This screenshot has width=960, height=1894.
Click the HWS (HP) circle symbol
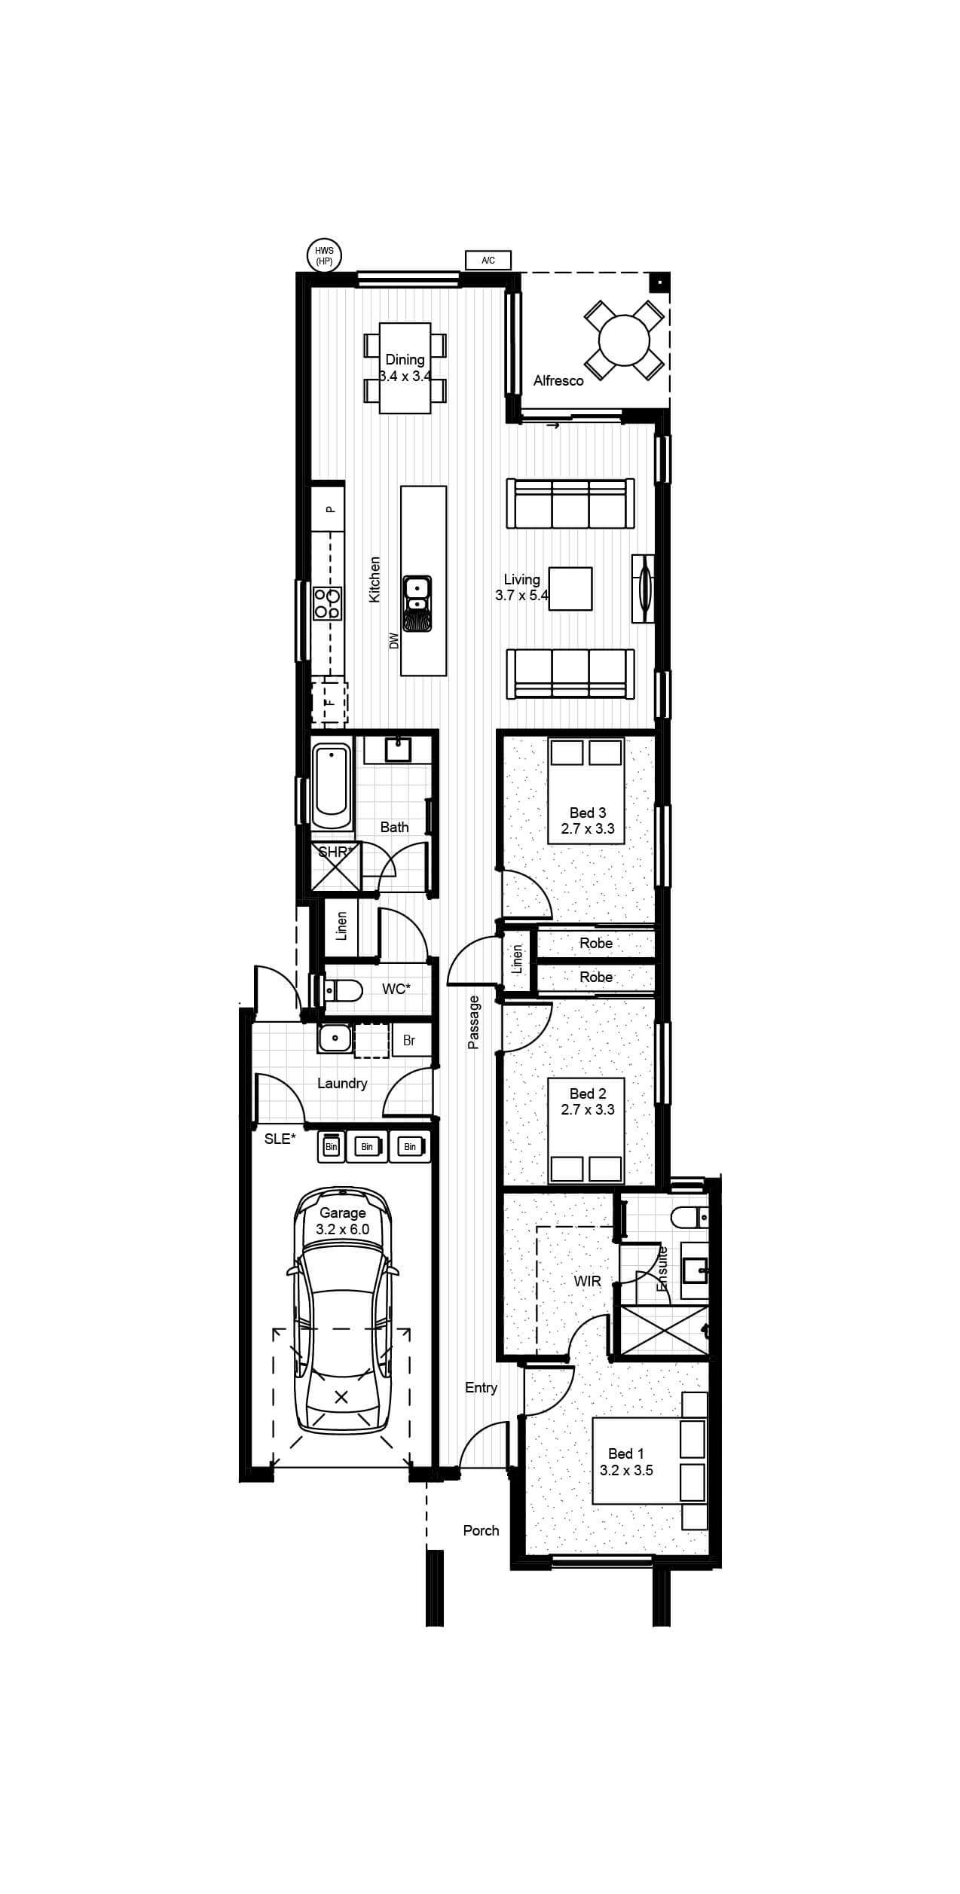point(325,255)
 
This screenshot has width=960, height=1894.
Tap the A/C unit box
point(488,261)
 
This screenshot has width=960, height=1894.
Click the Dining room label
point(405,360)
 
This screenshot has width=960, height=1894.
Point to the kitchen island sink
point(417,603)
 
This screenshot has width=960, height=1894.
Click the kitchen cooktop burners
point(328,602)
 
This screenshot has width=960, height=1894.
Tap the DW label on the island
point(393,641)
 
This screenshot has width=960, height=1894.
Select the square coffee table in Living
point(570,588)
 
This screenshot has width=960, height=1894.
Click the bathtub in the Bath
point(332,788)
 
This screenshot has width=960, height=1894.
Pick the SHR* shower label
point(335,852)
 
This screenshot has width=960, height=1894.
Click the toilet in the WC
point(342,990)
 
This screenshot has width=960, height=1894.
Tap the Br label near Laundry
point(409,1041)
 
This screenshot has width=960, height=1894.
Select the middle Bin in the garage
point(367,1146)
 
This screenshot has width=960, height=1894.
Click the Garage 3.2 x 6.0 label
point(343,1221)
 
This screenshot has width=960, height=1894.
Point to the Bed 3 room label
point(588,813)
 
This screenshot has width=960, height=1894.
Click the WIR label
point(587,1280)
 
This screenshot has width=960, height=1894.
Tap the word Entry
point(481,1388)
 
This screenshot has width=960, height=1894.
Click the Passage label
point(474,1022)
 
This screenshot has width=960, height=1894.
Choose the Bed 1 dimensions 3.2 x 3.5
point(626,1469)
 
